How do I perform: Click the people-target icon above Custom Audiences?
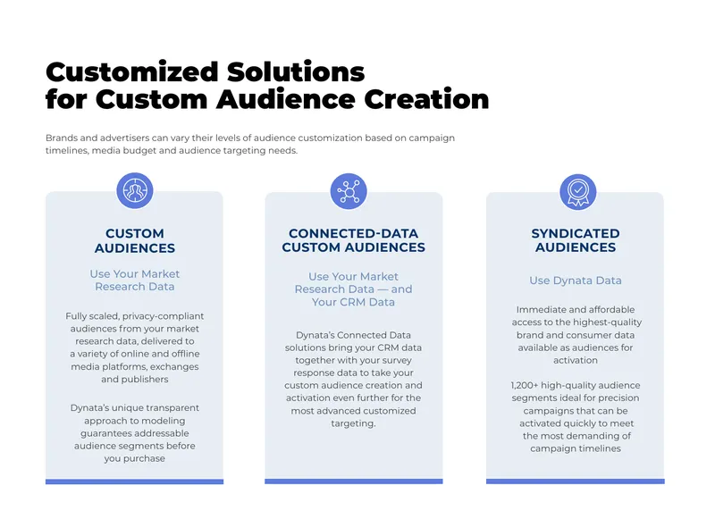click(135, 190)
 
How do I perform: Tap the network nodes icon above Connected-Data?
click(349, 191)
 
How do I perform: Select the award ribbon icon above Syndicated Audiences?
click(577, 192)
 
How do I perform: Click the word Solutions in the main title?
click(296, 72)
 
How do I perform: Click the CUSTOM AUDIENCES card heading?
click(135, 240)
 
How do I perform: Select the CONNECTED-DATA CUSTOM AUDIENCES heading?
click(353, 240)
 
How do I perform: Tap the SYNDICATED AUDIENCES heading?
click(576, 240)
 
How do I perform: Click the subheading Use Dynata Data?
click(576, 280)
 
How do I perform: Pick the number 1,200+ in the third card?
click(524, 386)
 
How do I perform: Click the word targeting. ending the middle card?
click(353, 423)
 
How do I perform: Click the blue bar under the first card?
click(135, 481)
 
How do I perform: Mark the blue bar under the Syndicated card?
click(576, 481)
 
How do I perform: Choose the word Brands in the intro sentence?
click(62, 138)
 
